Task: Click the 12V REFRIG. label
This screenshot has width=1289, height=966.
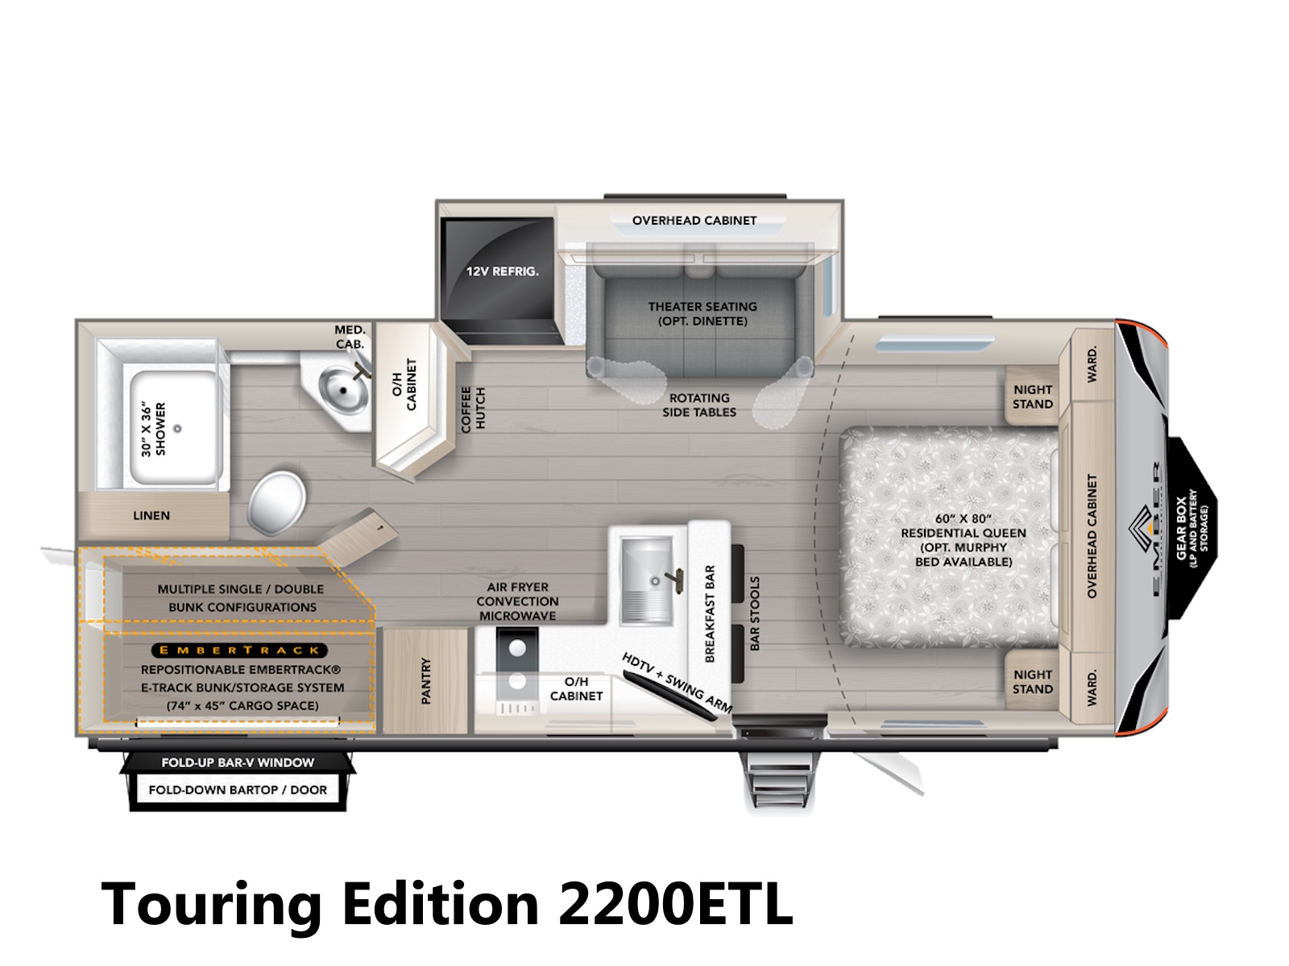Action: pyautogui.click(x=502, y=271)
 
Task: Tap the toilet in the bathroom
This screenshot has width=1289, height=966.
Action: pyautogui.click(x=276, y=502)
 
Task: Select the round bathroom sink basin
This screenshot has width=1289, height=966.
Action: pyautogui.click(x=343, y=388)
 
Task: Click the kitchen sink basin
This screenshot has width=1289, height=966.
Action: pyautogui.click(x=647, y=580)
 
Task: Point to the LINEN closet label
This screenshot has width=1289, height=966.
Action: pyautogui.click(x=151, y=515)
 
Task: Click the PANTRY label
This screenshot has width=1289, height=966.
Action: pyautogui.click(x=425, y=680)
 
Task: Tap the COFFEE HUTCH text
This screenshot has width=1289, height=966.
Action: pyautogui.click(x=473, y=410)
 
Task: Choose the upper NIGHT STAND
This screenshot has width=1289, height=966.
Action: pyautogui.click(x=1032, y=397)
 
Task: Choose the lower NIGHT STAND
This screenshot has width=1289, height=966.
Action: pyautogui.click(x=1032, y=682)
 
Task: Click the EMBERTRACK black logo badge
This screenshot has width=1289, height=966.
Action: pyautogui.click(x=239, y=650)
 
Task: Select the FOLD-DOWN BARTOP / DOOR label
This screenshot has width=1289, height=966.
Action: pyautogui.click(x=238, y=790)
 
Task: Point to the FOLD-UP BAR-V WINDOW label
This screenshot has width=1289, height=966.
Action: pyautogui.click(x=238, y=762)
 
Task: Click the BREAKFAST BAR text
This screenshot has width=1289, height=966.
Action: pyautogui.click(x=710, y=614)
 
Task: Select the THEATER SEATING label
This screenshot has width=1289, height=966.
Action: pyautogui.click(x=703, y=306)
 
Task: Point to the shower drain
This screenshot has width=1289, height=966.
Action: pyautogui.click(x=177, y=428)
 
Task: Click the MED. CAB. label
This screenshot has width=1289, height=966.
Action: pyautogui.click(x=350, y=336)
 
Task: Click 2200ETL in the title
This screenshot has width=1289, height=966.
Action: pyautogui.click(x=675, y=903)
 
